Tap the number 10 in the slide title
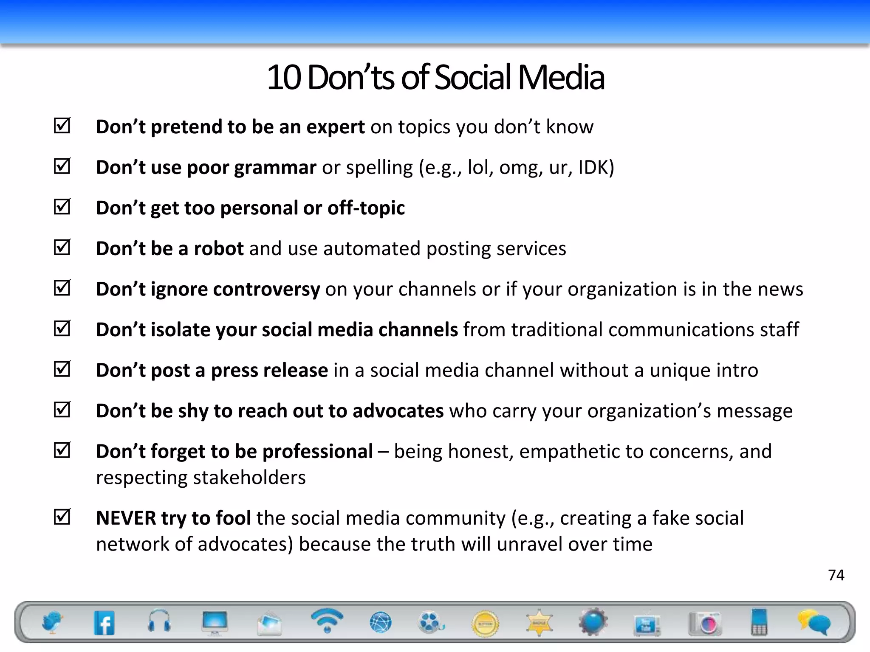tap(284, 78)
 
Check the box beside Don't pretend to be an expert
tap(62, 126)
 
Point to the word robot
tap(218, 248)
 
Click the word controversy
tap(266, 289)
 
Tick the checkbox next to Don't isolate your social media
tap(62, 329)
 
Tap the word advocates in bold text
tap(398, 411)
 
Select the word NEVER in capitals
tap(126, 518)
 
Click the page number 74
tap(836, 575)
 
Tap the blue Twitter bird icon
tap(52, 622)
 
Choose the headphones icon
tap(159, 621)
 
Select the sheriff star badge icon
tap(539, 623)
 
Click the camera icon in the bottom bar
tap(705, 623)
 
